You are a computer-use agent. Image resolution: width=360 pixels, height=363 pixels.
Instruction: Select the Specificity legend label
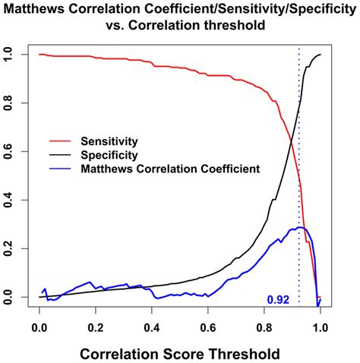[x=118, y=155]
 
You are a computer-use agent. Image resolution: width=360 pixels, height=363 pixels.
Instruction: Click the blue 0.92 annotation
[x=278, y=300]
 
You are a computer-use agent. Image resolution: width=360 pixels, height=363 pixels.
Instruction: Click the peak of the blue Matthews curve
[x=300, y=227]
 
